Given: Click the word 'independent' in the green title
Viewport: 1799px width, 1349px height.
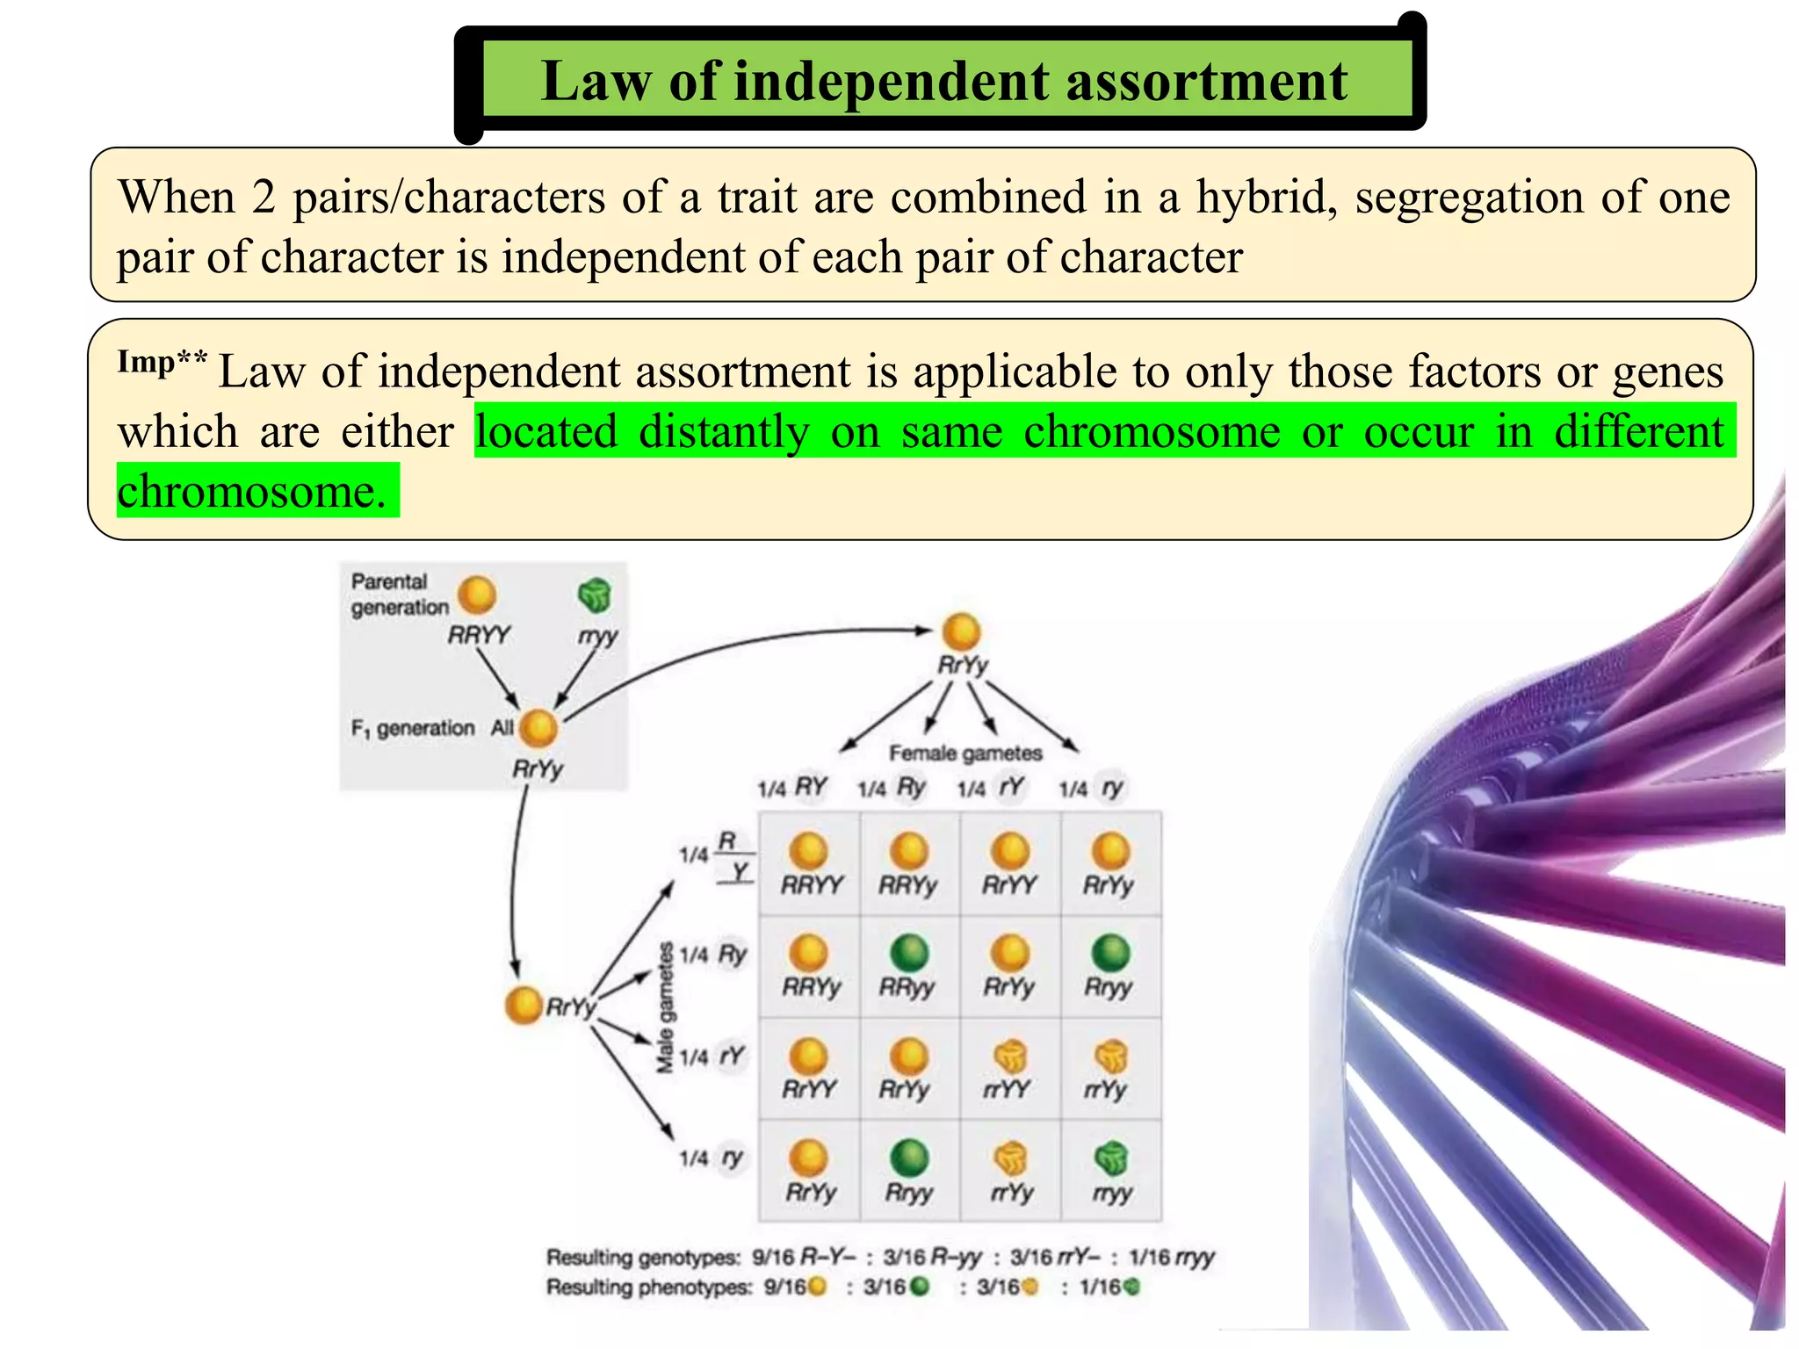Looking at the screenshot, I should click(891, 82).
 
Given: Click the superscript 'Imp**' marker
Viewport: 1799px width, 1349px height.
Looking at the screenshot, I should click(162, 362).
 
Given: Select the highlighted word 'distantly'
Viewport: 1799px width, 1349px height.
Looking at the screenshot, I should click(723, 432).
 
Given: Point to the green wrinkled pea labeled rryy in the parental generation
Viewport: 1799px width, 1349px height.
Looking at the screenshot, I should click(595, 595).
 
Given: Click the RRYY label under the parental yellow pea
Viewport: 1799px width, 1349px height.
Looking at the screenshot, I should click(479, 634).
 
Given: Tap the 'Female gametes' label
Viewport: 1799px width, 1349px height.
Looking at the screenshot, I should click(965, 753).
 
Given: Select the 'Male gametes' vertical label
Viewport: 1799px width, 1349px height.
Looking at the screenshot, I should click(666, 1007).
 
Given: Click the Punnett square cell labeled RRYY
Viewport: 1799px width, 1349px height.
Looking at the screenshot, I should click(810, 865).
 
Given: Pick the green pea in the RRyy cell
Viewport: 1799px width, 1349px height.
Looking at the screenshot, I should click(909, 953).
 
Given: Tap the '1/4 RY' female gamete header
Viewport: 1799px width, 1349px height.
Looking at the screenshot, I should click(792, 788).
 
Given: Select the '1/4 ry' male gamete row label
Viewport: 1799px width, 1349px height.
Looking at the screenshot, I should click(712, 1158).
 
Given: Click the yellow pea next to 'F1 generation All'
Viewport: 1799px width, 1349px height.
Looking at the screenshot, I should click(538, 727).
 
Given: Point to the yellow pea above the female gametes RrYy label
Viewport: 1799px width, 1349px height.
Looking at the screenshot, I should click(961, 631).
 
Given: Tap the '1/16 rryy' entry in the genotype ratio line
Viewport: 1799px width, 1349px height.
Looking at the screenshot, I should click(1171, 1258).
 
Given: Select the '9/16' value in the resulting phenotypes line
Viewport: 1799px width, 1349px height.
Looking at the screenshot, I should click(784, 1288).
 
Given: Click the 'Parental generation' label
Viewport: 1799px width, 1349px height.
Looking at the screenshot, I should click(399, 595).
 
